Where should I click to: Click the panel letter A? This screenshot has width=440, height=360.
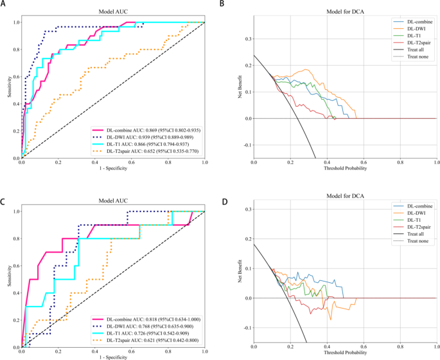point(4,4)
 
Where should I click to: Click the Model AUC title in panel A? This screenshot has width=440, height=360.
point(113,12)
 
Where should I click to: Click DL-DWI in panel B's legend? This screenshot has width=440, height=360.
point(411,28)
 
